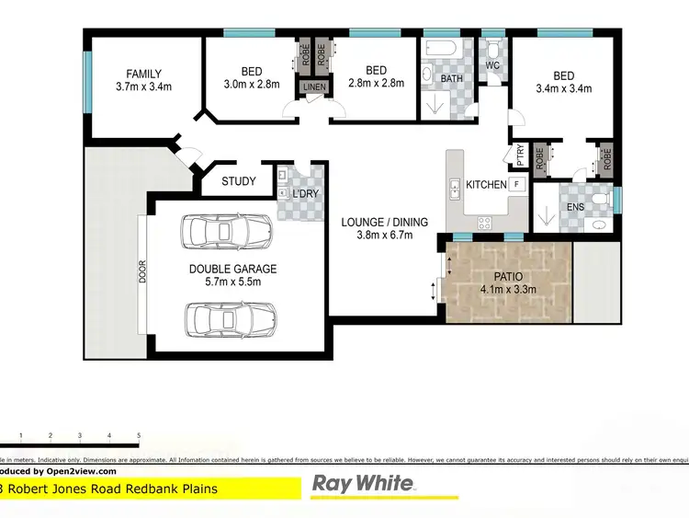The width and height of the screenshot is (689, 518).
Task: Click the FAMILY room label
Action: click(144, 74)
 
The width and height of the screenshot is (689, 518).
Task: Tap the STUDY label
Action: click(239, 181)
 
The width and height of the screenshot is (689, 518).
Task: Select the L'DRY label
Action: click(303, 195)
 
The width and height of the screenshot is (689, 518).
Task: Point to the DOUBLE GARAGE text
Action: click(232, 270)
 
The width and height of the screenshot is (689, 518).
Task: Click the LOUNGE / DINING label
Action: click(377, 222)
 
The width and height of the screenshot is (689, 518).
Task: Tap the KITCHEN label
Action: click(486, 185)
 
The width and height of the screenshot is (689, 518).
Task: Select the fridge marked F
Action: click(517, 185)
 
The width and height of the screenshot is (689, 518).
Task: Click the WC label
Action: click(492, 65)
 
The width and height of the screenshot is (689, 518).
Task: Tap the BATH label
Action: click(451, 79)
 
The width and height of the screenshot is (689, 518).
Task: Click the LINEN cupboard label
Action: click(314, 87)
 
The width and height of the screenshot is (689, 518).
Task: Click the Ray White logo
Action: click(365, 485)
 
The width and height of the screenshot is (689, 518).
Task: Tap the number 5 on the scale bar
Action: click(139, 434)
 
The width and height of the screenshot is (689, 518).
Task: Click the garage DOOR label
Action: click(142, 272)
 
